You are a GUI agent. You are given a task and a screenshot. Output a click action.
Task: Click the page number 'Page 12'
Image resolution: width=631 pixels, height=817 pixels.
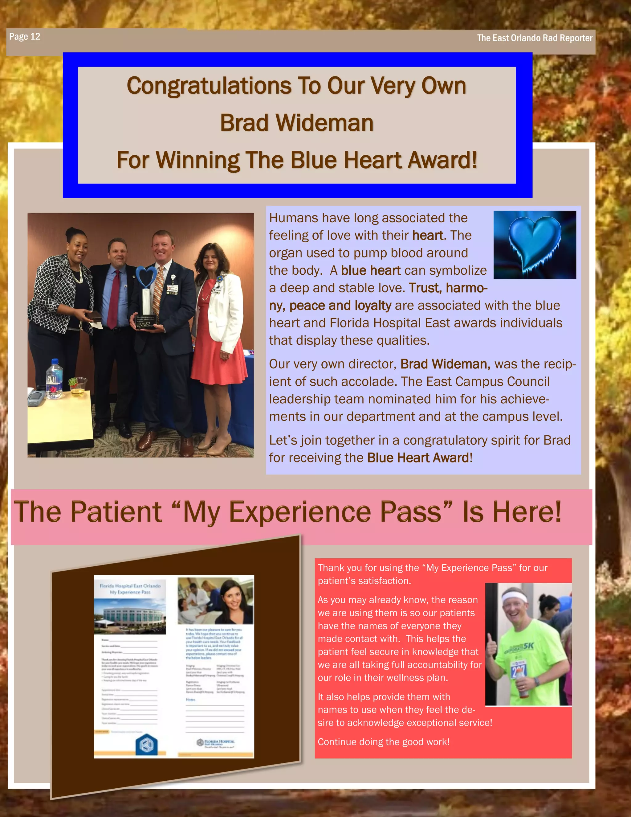pos(25,37)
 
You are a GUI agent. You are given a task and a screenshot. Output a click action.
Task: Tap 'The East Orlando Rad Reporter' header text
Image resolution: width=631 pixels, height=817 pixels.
pos(534,38)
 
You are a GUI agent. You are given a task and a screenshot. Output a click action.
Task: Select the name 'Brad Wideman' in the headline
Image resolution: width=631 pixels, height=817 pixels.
pos(296,123)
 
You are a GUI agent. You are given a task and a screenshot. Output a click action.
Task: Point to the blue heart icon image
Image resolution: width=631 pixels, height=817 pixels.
pos(535,244)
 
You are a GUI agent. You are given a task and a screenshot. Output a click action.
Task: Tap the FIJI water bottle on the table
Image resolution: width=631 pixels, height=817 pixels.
pos(55,378)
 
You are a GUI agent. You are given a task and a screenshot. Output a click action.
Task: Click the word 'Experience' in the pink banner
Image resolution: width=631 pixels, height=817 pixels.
pos(335,512)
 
